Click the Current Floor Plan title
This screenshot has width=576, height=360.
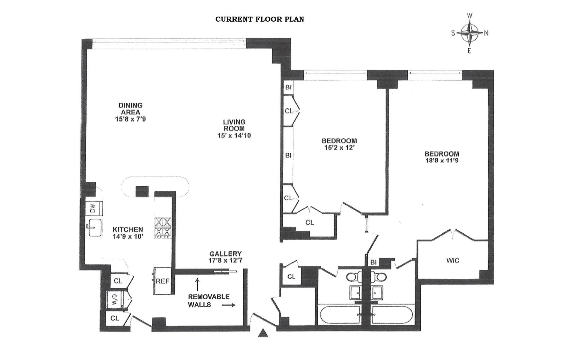[259, 19]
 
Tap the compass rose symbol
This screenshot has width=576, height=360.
[470, 33]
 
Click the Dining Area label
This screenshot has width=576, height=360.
[130, 109]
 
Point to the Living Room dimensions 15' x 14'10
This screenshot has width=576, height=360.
[234, 136]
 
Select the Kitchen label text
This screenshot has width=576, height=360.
[128, 229]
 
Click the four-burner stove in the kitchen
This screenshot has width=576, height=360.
[163, 228]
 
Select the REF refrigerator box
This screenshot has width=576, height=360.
[163, 281]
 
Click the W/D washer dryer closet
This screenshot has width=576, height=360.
[115, 299]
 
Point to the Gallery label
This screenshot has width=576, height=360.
[225, 254]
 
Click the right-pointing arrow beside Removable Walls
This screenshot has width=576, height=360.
[229, 305]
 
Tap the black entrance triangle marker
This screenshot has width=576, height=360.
[263, 333]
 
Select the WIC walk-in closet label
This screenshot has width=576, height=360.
[453, 260]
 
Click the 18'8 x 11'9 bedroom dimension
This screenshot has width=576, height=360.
[442, 160]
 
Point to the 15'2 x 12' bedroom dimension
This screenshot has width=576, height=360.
[339, 148]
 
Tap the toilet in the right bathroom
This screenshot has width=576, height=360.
[380, 277]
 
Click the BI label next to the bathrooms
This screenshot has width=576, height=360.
[373, 262]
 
